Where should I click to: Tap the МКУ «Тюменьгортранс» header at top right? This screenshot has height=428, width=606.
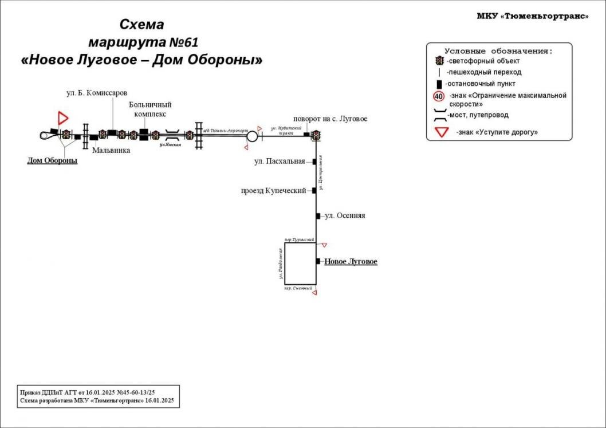click(x=533, y=16)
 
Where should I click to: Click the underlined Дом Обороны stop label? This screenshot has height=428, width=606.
click(x=52, y=160)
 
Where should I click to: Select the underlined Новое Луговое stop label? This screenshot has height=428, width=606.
click(x=351, y=262)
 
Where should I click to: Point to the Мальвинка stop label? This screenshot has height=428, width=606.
click(x=111, y=151)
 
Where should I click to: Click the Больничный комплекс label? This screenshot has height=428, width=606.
click(x=150, y=109)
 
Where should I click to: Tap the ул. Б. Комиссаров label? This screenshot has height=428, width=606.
click(x=94, y=93)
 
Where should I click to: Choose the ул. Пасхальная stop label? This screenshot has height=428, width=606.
click(x=280, y=162)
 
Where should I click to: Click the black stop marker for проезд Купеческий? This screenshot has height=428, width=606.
click(x=314, y=190)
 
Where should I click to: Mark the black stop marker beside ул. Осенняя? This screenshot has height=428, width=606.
click(x=318, y=216)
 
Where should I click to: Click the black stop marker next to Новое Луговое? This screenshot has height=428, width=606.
click(x=318, y=261)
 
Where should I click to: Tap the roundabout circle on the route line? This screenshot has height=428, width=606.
click(x=251, y=136)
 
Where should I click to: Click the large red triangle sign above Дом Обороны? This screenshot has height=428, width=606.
click(x=62, y=119)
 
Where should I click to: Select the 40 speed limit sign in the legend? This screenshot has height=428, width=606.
click(x=439, y=96)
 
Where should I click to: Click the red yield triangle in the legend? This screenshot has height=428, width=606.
click(x=441, y=132)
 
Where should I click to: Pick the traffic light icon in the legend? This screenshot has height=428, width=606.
click(x=439, y=61)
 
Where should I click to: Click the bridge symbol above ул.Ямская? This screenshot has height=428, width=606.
click(x=171, y=136)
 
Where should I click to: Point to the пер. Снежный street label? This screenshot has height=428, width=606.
click(x=298, y=289)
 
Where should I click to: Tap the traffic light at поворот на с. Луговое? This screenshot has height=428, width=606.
click(x=315, y=135)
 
